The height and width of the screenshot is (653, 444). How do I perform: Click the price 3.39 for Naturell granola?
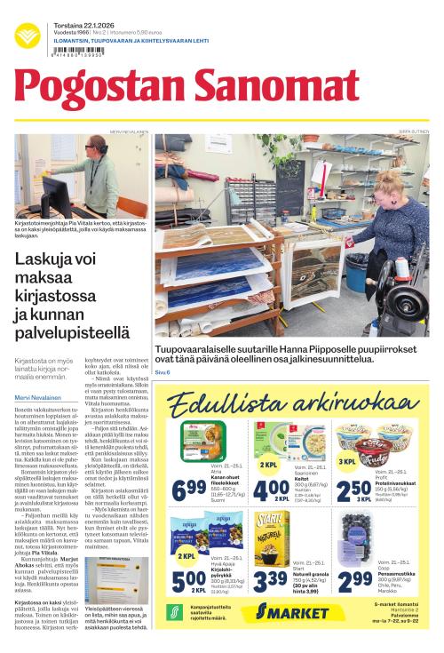272,578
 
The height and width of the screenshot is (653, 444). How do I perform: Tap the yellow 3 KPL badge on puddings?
349,462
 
